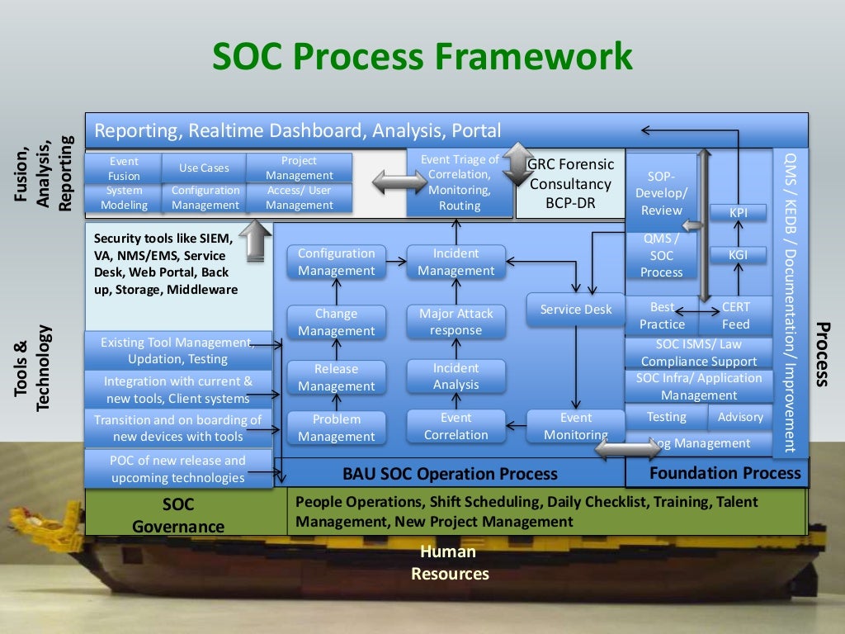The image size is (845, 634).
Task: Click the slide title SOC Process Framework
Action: coord(422,58)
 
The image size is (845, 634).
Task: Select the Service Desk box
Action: coord(576,310)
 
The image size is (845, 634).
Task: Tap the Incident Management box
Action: coord(456,262)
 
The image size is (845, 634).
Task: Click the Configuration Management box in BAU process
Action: coord(336,262)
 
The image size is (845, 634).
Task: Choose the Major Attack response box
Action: coord(456,322)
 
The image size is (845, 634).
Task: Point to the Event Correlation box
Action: coord(456,427)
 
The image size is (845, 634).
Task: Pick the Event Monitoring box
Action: coord(576,427)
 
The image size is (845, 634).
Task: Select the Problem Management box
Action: coord(336,428)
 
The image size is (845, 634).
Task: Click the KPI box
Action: coord(739,213)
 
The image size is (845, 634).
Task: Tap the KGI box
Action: coord(738,255)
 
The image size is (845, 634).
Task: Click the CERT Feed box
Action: coord(736,315)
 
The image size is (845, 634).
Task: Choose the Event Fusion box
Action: coord(124,168)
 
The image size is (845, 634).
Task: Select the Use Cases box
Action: coord(204,168)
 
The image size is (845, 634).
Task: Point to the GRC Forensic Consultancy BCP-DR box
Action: coord(569,184)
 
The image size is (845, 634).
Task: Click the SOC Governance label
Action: coord(178,514)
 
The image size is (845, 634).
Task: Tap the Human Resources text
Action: coord(450,563)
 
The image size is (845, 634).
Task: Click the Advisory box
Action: coord(740,417)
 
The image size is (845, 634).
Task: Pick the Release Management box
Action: coord(336,377)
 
